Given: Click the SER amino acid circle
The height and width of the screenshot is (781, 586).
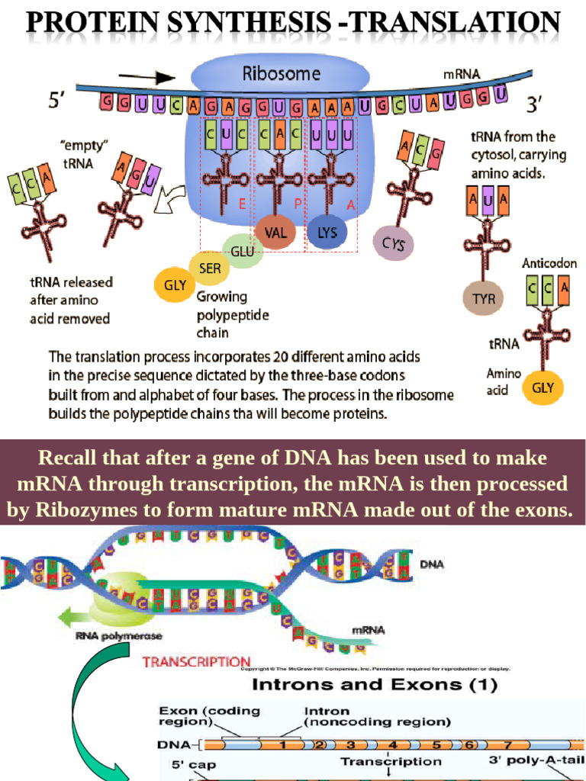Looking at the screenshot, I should pyautogui.click(x=210, y=268).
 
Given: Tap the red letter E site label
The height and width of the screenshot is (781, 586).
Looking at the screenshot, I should pyautogui.click(x=241, y=204).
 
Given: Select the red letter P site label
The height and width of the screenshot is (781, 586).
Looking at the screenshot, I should pyautogui.click(x=298, y=204).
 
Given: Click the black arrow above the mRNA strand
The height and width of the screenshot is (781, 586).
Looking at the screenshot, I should pyautogui.click(x=158, y=78).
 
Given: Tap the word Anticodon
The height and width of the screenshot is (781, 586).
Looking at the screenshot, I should pyautogui.click(x=549, y=263).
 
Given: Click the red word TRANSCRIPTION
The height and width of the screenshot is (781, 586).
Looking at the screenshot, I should pyautogui.click(x=196, y=662).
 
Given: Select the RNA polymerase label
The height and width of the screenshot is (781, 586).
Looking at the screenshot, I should pyautogui.click(x=119, y=635).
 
